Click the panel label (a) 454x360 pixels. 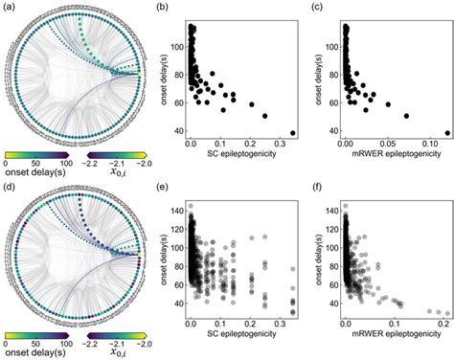(x=10, y=9)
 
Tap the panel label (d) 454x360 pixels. (x=10, y=189)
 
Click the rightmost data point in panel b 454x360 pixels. (x=293, y=133)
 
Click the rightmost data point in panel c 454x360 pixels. (x=446, y=133)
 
